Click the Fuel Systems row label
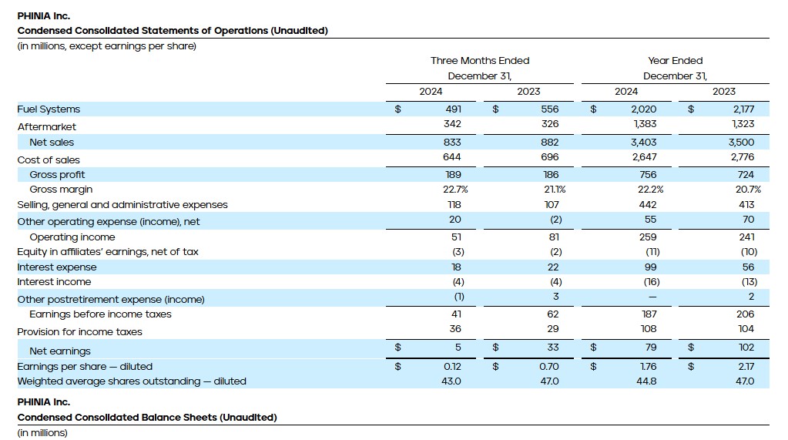click(x=49, y=109)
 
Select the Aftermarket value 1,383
click(x=645, y=126)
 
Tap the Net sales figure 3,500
click(x=743, y=143)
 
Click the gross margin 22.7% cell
click(x=451, y=190)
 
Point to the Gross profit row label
click(x=57, y=175)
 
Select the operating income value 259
click(x=648, y=237)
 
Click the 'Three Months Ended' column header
click(x=479, y=61)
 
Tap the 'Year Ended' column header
click(x=675, y=61)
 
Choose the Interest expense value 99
click(x=650, y=267)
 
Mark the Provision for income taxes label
click(x=79, y=332)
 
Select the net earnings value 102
click(x=746, y=348)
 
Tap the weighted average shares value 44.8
click(x=647, y=381)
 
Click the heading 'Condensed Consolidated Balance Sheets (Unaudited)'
click(x=147, y=418)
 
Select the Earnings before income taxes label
click(x=100, y=314)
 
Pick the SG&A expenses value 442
click(x=648, y=205)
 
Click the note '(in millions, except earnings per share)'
click(x=106, y=46)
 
